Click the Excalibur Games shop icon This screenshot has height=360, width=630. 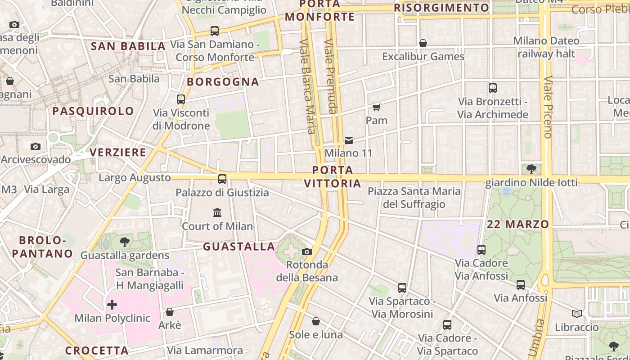(423, 43)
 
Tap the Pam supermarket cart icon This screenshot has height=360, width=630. (376, 107)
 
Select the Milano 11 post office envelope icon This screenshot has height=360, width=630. (349, 140)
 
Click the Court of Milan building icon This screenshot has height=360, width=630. (217, 212)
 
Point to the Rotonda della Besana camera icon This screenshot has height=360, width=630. (307, 252)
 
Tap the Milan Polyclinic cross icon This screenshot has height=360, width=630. (112, 305)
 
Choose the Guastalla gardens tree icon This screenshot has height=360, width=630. (125, 242)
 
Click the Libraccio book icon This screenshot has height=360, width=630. (576, 314)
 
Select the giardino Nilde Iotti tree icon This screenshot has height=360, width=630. (531, 169)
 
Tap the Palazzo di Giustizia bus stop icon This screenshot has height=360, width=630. (222, 179)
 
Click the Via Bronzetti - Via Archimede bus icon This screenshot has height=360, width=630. (493, 88)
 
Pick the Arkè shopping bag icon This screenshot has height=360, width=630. (170, 312)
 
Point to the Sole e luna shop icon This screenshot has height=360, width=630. (316, 321)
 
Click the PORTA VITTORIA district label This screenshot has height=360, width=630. (333, 177)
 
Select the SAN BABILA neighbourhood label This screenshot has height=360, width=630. (128, 46)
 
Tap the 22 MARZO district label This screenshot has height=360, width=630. (518, 224)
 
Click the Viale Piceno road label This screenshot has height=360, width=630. (548, 107)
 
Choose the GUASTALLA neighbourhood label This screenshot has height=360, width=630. (239, 247)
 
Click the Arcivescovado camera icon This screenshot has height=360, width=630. (36, 147)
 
